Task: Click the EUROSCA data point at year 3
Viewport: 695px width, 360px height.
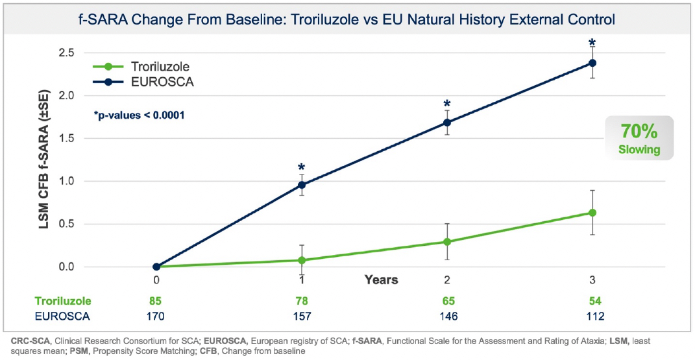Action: [592, 63]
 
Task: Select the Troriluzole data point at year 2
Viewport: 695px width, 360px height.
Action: [446, 241]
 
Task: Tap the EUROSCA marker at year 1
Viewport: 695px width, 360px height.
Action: [302, 185]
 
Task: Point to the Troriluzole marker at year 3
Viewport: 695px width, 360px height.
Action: [592, 213]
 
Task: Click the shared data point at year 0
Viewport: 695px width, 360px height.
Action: [156, 267]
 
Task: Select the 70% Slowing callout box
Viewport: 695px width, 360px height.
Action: [639, 138]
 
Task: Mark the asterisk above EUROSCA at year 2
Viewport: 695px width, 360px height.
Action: [446, 104]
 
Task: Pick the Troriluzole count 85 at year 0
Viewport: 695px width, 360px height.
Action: [156, 301]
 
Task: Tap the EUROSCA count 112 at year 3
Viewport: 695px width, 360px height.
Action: [592, 317]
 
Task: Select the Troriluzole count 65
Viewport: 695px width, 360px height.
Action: [446, 301]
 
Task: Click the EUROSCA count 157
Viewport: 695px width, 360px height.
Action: [302, 317]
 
